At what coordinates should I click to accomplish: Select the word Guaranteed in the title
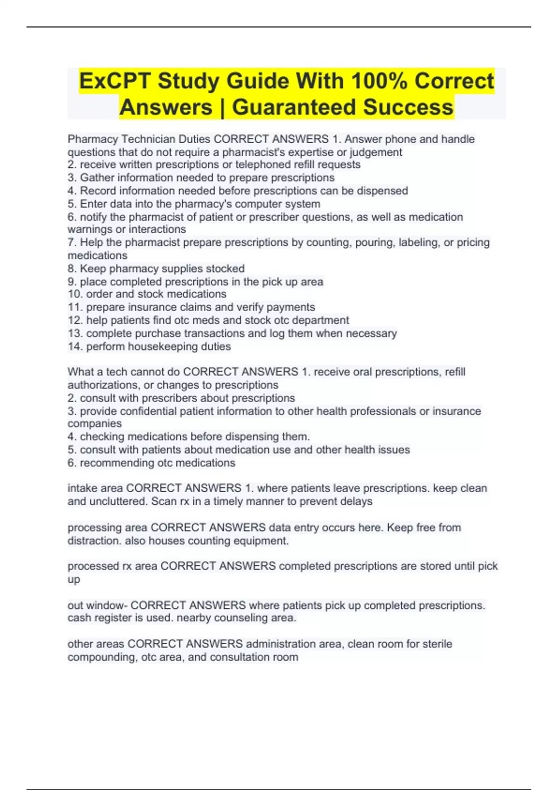point(293,107)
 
